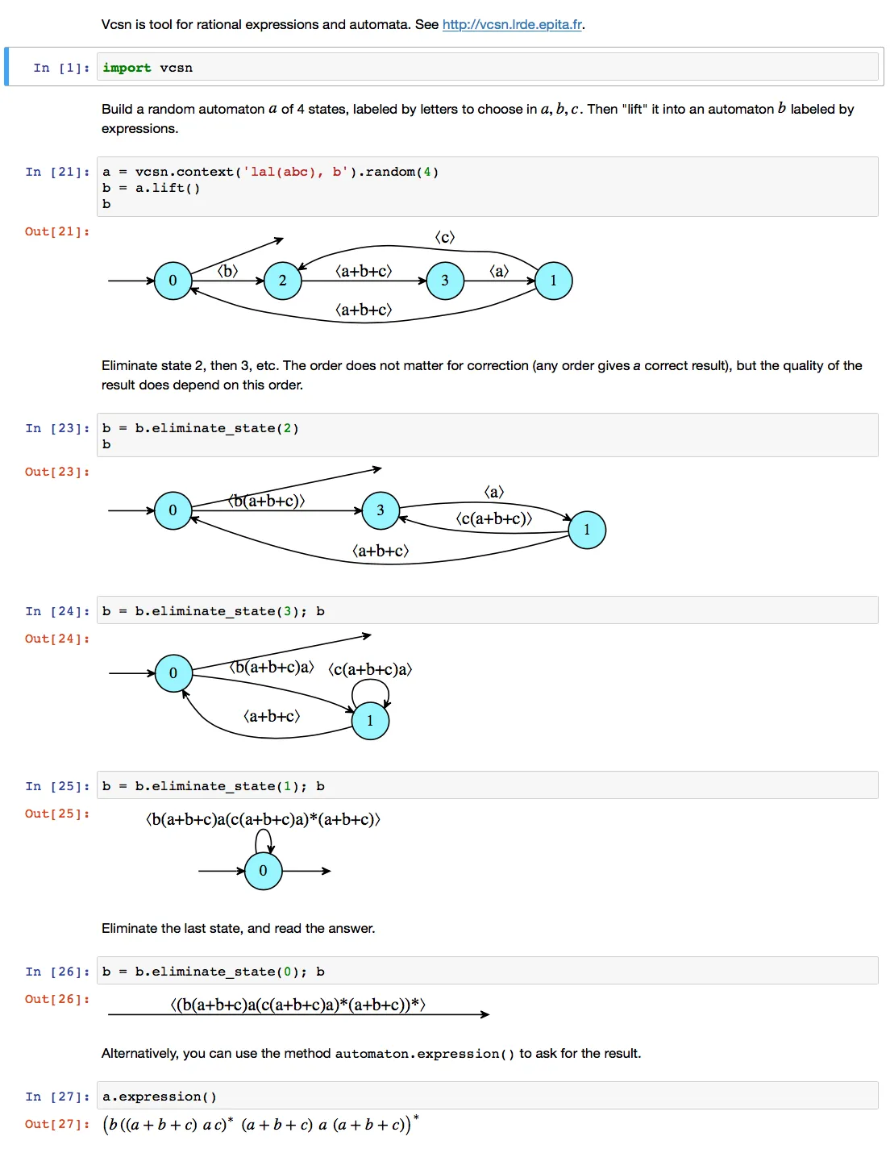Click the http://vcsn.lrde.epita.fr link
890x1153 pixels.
click(512, 24)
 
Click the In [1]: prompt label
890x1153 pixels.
click(60, 68)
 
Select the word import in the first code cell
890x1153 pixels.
click(127, 68)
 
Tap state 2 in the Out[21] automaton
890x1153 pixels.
click(283, 281)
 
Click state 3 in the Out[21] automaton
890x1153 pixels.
click(445, 281)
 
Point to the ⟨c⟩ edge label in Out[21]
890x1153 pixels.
click(445, 237)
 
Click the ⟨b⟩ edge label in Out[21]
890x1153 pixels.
click(228, 271)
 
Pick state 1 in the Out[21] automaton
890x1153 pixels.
click(554, 281)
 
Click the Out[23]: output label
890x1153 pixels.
click(57, 472)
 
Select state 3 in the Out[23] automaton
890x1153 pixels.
click(381, 510)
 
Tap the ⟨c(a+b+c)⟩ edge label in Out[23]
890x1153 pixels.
click(494, 518)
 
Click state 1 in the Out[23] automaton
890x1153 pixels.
click(587, 530)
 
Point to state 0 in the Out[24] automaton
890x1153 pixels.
click(173, 673)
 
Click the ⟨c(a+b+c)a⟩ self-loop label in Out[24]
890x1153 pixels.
click(370, 669)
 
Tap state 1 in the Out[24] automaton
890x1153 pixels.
click(371, 721)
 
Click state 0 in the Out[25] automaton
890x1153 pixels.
click(264, 871)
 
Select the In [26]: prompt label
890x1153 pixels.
click(57, 972)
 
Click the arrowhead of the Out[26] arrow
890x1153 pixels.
click(485, 1014)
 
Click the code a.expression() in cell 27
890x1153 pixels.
click(160, 1097)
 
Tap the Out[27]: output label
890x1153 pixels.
click(57, 1124)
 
